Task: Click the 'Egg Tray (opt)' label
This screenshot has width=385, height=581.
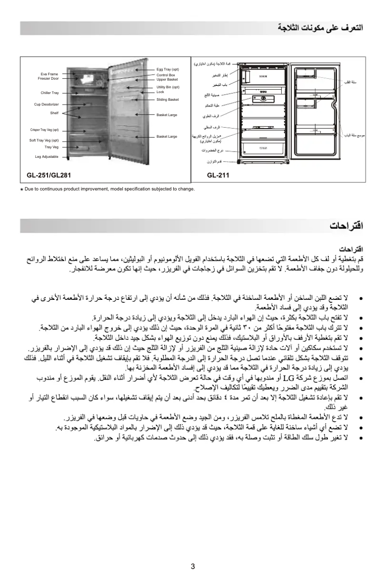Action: coord(168,70)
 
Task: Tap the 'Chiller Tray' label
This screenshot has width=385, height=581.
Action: coord(49,93)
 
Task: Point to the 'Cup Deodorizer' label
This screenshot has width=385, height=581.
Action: coord(46,104)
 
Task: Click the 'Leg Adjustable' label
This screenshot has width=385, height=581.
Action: coord(47,157)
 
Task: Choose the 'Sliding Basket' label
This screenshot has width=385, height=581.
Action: coord(168,100)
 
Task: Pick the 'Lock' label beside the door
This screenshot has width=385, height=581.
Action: coord(160,92)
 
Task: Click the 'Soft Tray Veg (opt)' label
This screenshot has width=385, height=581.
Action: coord(44,140)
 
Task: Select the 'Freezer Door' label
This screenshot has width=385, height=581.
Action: coord(48,78)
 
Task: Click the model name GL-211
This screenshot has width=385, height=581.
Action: coord(218,176)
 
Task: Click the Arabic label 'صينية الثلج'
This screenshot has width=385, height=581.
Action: coord(211,95)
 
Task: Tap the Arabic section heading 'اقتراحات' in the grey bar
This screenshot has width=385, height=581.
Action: coord(346,225)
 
